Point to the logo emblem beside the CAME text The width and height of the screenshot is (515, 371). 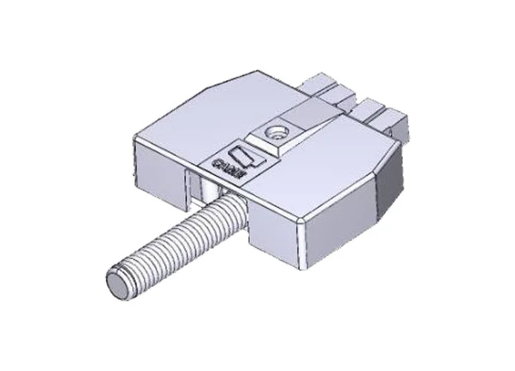point(244,156)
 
